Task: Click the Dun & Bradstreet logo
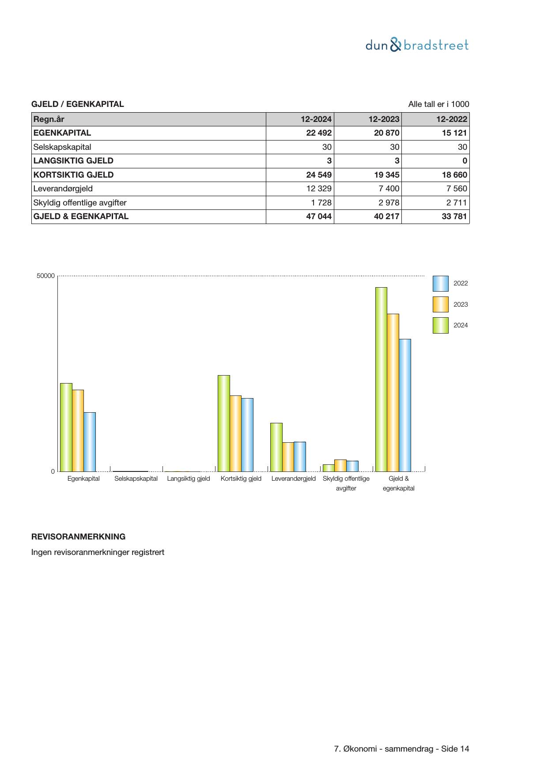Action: (x=417, y=45)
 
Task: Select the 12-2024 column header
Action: (x=316, y=119)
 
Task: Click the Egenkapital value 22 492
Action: (x=319, y=133)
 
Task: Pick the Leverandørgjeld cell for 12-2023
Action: (x=389, y=189)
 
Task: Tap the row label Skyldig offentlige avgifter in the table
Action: (x=80, y=203)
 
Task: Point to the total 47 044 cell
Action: (x=319, y=217)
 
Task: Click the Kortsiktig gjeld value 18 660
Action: (x=454, y=175)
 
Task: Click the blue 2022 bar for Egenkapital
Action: (x=90, y=442)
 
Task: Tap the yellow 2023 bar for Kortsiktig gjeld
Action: (x=235, y=433)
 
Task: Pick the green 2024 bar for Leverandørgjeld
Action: (x=276, y=447)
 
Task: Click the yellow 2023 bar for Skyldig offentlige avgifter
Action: (x=340, y=466)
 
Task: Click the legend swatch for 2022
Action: (x=440, y=284)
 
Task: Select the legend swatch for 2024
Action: (x=440, y=325)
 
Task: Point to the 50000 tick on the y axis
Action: (x=45, y=276)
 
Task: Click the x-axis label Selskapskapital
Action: (x=136, y=479)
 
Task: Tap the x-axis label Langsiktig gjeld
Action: (x=189, y=479)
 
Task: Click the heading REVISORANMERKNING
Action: (x=78, y=537)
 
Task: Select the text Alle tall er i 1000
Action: (x=438, y=104)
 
